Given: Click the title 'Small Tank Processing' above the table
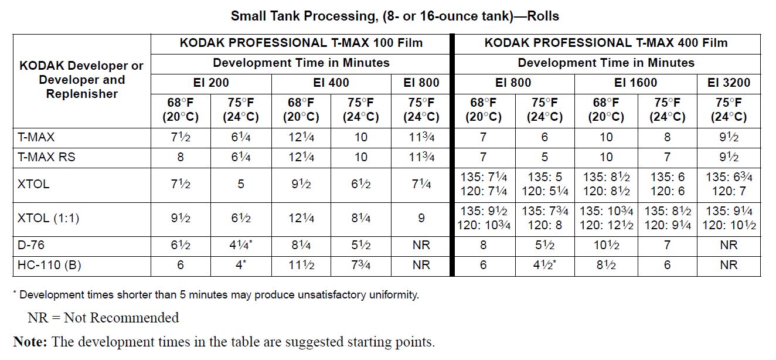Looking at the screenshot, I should point(394,16).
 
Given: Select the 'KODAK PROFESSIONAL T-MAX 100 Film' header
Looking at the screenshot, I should point(301,43).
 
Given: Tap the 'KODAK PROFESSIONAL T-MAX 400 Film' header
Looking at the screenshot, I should point(606,43).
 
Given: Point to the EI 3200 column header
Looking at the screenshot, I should point(729,83).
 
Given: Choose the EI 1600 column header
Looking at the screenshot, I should point(636,83).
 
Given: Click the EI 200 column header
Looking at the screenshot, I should point(210,83).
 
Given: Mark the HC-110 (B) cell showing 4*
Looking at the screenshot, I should point(240,265).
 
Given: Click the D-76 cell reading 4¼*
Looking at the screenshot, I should point(240,245).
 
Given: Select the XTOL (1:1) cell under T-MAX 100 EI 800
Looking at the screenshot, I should point(421,218).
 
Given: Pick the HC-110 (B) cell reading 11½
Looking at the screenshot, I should point(301,265).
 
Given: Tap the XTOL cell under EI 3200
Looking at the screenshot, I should point(729,184).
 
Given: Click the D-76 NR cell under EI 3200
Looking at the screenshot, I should point(729,245).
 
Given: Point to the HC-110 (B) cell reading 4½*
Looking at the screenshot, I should point(545,265).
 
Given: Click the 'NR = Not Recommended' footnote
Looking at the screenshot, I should point(103,318).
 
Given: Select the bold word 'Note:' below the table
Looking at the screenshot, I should point(30,342).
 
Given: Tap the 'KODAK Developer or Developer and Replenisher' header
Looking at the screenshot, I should point(81,80).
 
